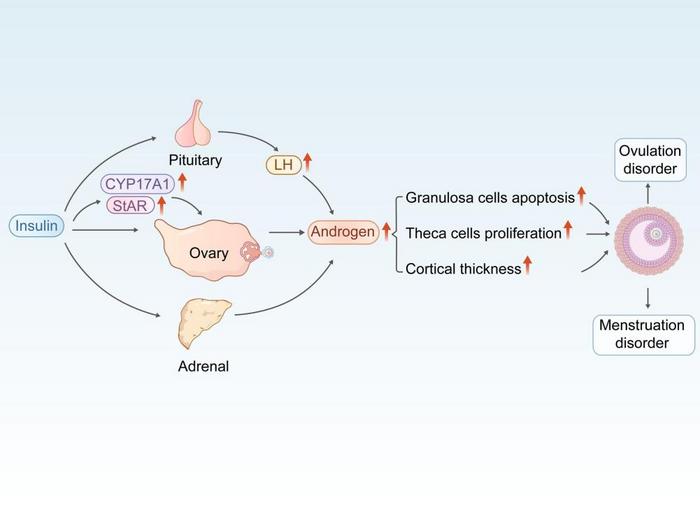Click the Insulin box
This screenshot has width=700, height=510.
[37, 226]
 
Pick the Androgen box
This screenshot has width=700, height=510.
[342, 232]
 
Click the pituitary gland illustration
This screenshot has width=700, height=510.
[194, 123]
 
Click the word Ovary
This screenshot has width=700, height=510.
[208, 253]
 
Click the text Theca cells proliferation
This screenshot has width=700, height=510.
[483, 233]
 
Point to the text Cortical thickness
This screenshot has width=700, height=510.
[462, 268]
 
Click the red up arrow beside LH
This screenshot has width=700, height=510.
[308, 161]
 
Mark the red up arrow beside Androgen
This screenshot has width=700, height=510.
[385, 232]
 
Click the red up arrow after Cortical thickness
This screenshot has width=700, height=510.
[528, 266]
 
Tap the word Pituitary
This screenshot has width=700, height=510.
[194, 160]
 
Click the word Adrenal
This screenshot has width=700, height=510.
[203, 366]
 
